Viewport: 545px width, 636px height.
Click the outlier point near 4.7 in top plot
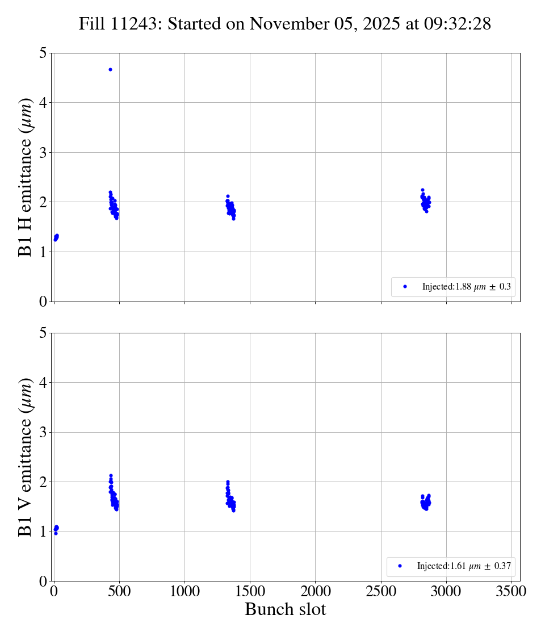coord(110,69)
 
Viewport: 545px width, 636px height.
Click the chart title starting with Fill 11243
coord(284,24)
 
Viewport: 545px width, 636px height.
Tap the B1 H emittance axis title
coord(26,177)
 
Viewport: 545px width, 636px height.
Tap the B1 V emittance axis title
coord(26,457)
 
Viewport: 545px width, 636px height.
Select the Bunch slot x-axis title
coord(285,609)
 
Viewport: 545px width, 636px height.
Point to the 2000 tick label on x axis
coord(315,591)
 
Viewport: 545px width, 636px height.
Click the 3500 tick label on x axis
coord(512,591)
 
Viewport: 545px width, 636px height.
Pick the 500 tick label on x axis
coord(119,591)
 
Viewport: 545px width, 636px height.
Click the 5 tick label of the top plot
coord(43,53)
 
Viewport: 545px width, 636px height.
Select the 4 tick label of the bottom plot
coord(43,383)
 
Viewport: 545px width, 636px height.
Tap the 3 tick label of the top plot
coord(43,152)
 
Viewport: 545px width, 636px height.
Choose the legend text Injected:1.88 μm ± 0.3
coord(466,287)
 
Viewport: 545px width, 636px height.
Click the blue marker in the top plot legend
coord(405,287)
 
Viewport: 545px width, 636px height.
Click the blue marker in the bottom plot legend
coord(400,566)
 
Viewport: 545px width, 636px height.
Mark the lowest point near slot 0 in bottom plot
coord(56,533)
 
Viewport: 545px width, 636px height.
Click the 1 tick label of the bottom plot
coord(43,532)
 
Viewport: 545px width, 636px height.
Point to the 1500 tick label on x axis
coord(250,591)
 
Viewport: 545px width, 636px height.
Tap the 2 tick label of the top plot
coord(43,202)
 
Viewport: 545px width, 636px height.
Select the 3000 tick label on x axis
coord(446,591)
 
